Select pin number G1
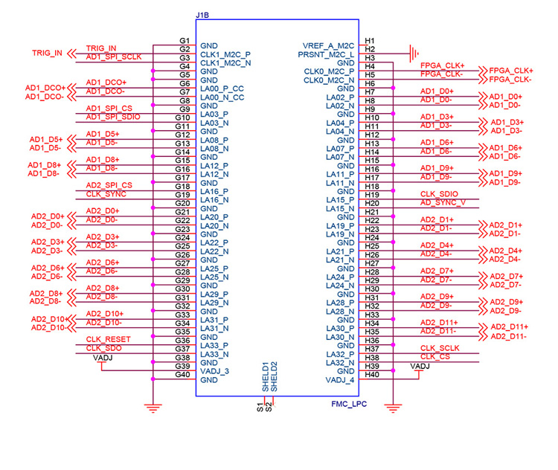point(185,40)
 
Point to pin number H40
point(373,375)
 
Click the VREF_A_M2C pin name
point(330,46)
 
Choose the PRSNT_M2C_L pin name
point(327,54)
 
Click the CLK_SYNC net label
point(106,194)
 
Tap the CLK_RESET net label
point(109,340)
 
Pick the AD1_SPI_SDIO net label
point(113,116)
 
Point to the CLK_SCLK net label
point(440,348)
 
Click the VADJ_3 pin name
point(216,371)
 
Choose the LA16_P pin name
point(215,191)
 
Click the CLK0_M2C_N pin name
point(329,80)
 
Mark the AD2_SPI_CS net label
point(109,185)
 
